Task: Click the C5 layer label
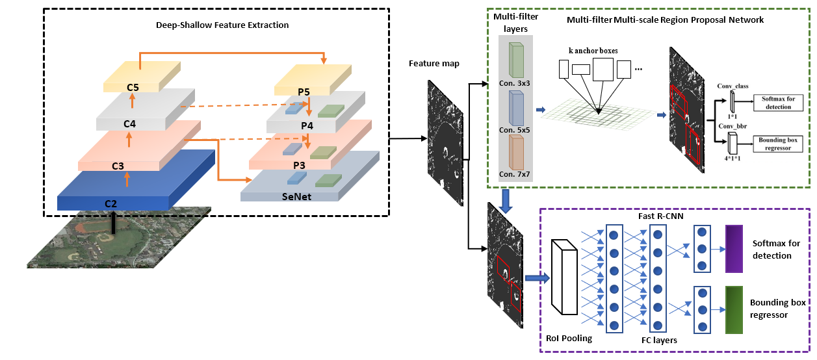[133, 86]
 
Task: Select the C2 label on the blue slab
[110, 203]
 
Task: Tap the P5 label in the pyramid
[304, 92]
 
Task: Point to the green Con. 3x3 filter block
[516, 61]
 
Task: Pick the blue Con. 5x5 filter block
[516, 109]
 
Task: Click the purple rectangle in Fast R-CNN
[733, 248]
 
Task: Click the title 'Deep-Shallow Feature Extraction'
[222, 25]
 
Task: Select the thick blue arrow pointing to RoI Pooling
[536, 278]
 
